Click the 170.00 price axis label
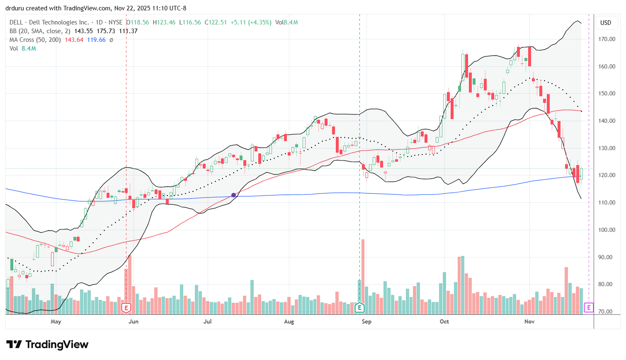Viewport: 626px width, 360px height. (606, 39)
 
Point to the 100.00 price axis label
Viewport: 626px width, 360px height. (606, 230)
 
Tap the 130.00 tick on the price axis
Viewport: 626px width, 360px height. (606, 148)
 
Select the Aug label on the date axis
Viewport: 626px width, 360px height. (289, 322)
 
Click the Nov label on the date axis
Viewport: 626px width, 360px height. (529, 322)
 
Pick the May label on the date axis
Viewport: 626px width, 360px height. (56, 322)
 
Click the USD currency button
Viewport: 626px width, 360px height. (606, 23)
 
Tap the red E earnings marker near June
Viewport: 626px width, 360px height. (126, 308)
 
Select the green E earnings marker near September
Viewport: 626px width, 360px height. (359, 308)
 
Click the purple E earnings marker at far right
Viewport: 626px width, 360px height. (589, 308)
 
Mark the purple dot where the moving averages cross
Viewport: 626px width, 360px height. (234, 195)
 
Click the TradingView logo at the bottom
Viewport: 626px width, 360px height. (47, 345)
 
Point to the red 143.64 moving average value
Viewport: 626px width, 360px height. (74, 40)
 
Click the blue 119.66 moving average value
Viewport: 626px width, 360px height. (96, 40)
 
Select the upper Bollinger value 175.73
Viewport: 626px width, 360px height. (106, 31)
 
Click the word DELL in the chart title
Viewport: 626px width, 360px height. (17, 22)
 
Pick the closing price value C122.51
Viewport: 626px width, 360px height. (216, 22)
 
